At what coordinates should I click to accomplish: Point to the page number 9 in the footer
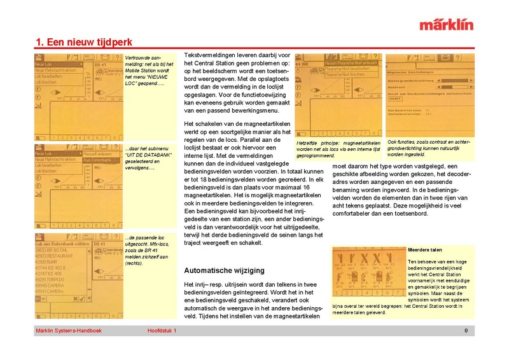click(x=466, y=331)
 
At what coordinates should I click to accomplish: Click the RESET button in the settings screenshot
click(x=396, y=99)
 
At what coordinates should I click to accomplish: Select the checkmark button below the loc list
click(x=76, y=298)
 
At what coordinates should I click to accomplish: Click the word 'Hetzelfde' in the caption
click(x=308, y=142)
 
